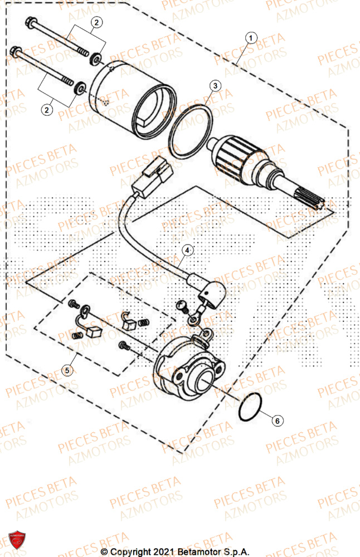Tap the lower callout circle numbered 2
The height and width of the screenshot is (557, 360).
47,110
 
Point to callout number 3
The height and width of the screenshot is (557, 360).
215,85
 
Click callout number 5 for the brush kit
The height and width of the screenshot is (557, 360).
67,369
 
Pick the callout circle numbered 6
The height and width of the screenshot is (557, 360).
277,421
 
